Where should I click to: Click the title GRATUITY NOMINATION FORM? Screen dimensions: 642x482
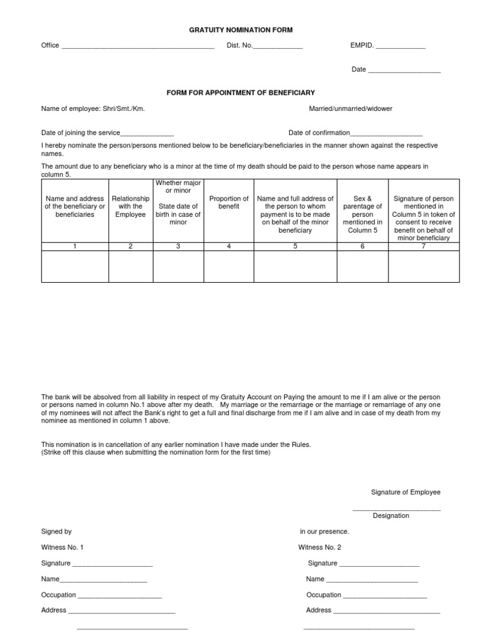242,29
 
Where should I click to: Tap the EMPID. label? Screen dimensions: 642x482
362,45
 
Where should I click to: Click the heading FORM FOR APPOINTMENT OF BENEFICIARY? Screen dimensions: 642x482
240,93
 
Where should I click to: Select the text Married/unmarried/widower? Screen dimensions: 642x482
350,108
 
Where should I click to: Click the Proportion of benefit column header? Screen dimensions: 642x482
228,203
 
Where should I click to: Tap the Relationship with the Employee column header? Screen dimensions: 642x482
131,206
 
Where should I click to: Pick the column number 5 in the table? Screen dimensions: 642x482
295,246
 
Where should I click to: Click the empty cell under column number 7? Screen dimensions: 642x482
424,266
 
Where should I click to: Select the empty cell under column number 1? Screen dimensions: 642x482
75,266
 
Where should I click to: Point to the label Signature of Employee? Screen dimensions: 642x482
405,492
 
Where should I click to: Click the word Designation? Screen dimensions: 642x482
391,516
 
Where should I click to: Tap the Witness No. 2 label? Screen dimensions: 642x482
319,547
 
